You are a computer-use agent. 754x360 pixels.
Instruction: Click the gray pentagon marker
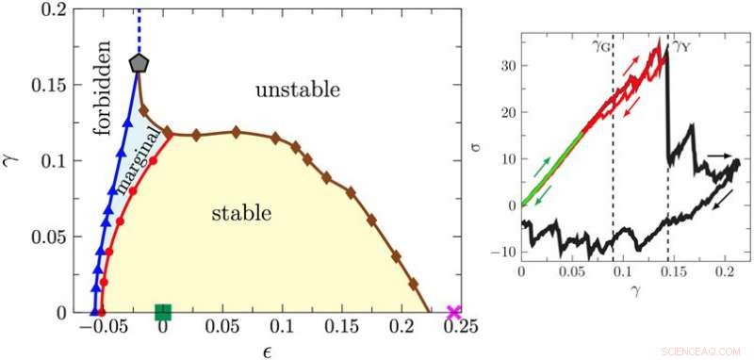139,63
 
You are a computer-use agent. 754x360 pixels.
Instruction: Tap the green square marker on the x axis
163,313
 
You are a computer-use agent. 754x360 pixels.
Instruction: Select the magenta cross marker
454,313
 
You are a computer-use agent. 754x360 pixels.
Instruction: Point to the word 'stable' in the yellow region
240,214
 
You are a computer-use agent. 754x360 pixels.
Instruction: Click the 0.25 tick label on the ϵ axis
454,332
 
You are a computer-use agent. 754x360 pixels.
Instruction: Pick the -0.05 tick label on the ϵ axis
98,332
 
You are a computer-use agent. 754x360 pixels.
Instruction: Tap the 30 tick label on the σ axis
508,68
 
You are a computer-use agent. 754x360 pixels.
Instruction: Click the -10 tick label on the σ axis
504,251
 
